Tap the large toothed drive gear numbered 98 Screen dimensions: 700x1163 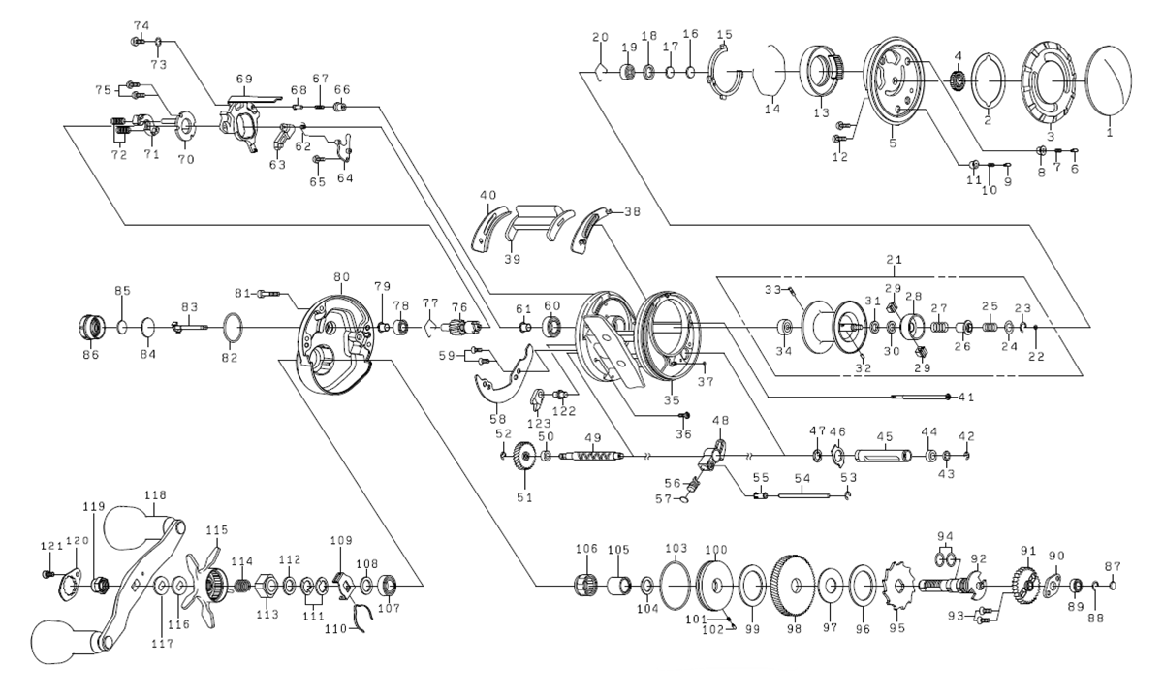(x=795, y=585)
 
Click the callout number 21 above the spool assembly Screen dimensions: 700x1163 (x=894, y=262)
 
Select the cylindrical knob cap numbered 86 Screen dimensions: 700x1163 (x=93, y=326)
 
